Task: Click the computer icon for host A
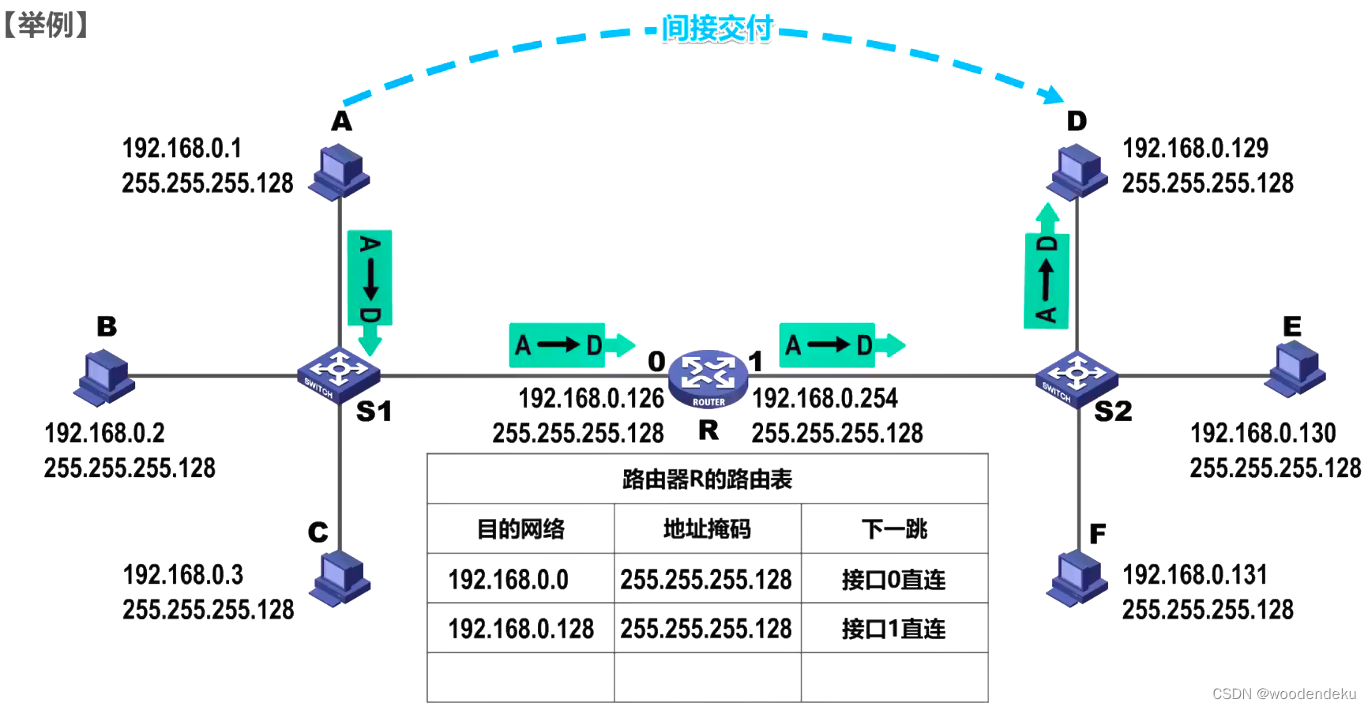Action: (340, 171)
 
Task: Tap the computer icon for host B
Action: (105, 378)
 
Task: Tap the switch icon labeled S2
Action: (1076, 376)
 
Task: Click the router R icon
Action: (708, 378)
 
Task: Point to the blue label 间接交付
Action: (716, 29)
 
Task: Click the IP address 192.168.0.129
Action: (1195, 149)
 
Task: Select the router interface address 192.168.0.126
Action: (591, 399)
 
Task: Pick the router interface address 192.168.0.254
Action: (825, 399)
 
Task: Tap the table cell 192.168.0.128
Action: (521, 629)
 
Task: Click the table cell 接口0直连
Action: (893, 580)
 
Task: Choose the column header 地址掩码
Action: (707, 528)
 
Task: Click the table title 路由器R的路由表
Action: (707, 479)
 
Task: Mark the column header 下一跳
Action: (894, 528)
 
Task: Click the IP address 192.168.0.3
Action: (182, 575)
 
